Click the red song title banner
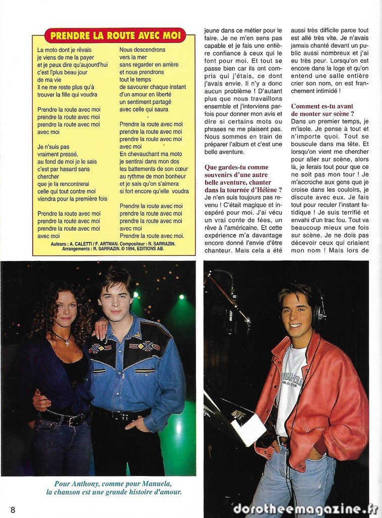pyautogui.click(x=115, y=35)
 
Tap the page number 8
pyautogui.click(x=13, y=509)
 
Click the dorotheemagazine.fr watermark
pyautogui.click(x=305, y=509)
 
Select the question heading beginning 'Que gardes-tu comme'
pyautogui.click(x=236, y=167)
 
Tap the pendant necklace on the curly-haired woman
pyautogui.click(x=67, y=342)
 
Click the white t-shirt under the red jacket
pyautogui.click(x=291, y=384)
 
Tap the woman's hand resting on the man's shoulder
pyautogui.click(x=100, y=328)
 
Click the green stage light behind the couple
pyautogui.click(x=181, y=297)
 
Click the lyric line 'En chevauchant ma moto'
pyautogui.click(x=151, y=154)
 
